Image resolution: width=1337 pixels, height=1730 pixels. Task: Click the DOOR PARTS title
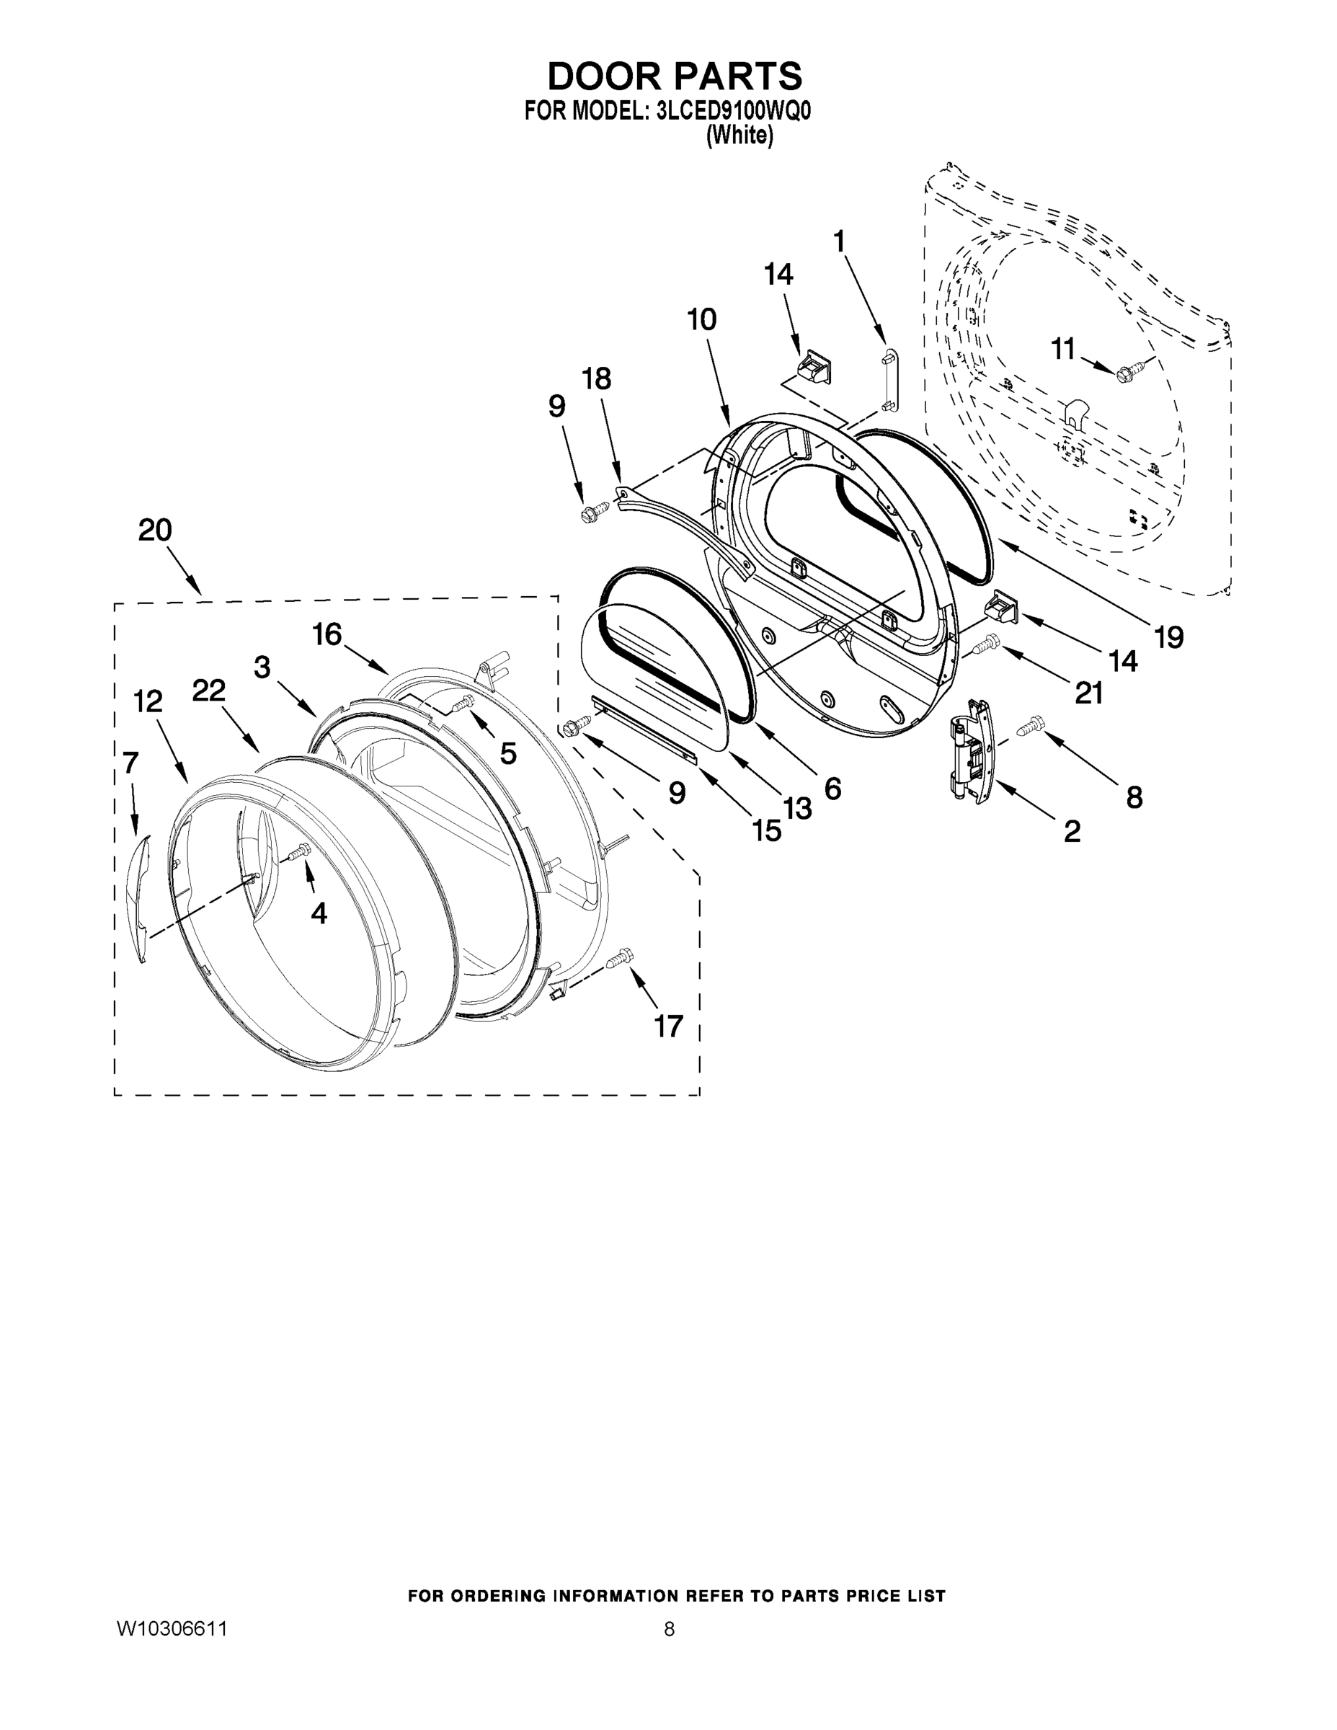675,76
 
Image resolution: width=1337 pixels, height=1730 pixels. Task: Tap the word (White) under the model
739,136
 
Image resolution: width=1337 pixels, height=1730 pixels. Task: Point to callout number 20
155,530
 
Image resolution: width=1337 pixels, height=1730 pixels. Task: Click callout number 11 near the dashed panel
1063,349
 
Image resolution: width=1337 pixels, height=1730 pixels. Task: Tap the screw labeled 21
986,647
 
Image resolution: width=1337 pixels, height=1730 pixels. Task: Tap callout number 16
327,634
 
